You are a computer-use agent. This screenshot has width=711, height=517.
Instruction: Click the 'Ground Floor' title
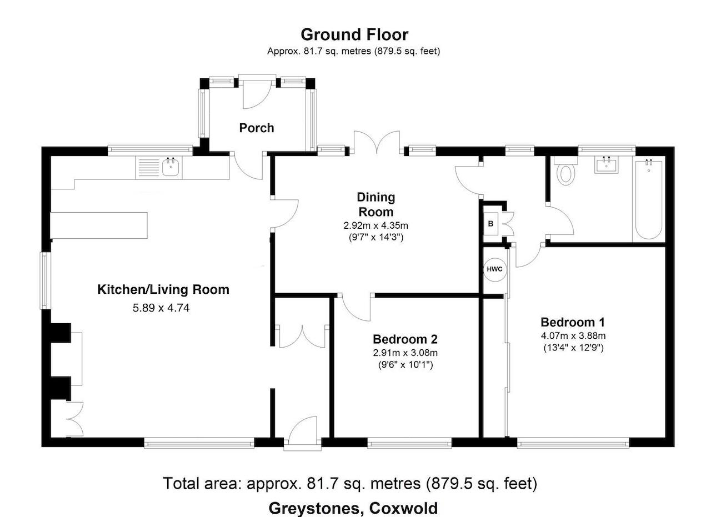click(x=354, y=34)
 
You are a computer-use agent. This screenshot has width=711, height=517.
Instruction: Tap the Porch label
click(x=256, y=128)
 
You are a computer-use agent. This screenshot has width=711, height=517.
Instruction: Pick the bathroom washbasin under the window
click(x=607, y=165)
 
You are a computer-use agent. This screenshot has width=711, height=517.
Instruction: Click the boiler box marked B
click(x=490, y=224)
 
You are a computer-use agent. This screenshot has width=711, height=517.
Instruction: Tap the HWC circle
click(x=494, y=269)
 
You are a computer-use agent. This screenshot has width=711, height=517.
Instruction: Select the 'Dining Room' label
click(x=376, y=204)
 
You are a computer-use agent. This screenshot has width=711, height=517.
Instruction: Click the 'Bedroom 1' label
click(x=573, y=322)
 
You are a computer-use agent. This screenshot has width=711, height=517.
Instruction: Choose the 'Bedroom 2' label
click(x=405, y=339)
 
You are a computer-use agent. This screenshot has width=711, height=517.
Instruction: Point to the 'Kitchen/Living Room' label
click(x=163, y=289)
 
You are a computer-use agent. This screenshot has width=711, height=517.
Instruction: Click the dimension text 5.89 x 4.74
click(x=161, y=308)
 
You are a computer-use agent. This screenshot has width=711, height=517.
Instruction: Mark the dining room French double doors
click(x=377, y=143)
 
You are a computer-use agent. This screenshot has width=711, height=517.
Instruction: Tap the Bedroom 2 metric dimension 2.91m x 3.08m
click(x=405, y=353)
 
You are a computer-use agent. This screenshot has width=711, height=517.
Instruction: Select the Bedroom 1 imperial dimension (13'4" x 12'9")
click(x=573, y=348)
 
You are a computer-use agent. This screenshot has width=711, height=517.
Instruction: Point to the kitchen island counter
click(x=99, y=225)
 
